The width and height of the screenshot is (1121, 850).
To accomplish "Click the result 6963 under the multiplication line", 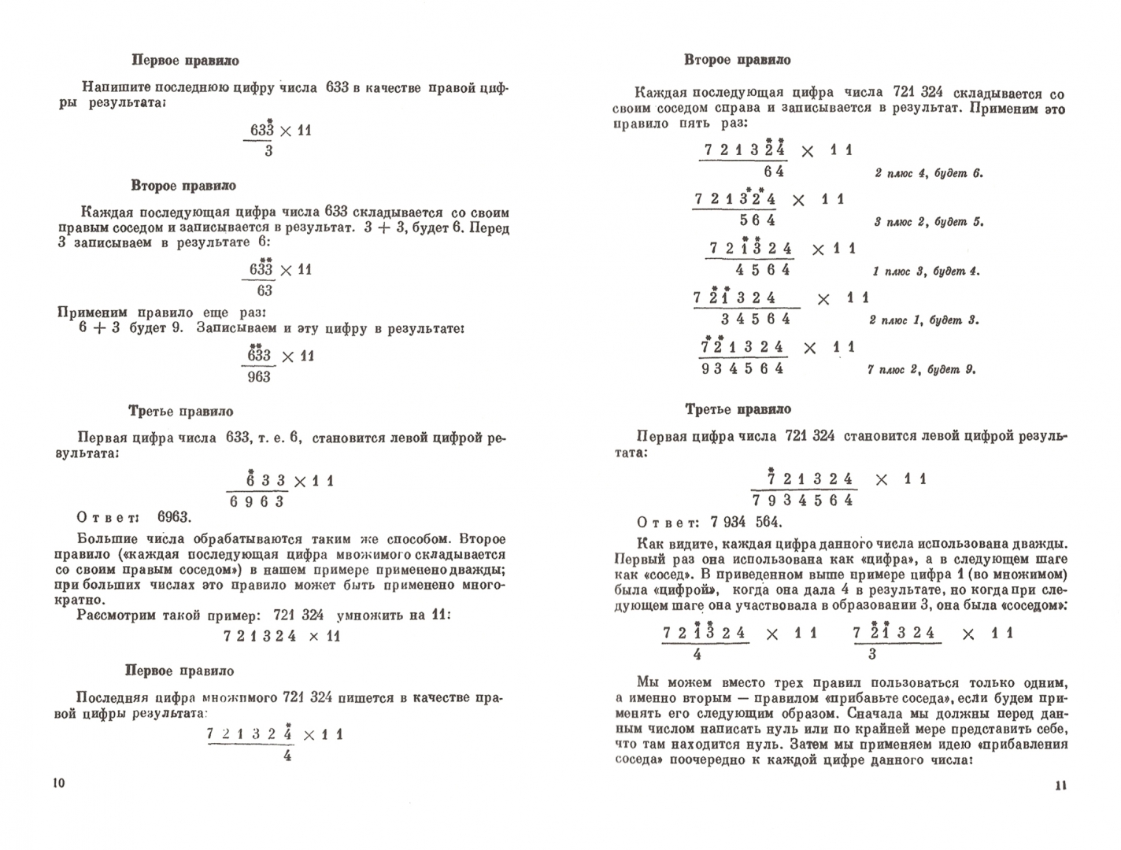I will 257,502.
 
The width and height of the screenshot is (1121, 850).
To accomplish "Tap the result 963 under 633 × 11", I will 258,377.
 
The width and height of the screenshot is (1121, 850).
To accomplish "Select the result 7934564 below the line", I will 803,501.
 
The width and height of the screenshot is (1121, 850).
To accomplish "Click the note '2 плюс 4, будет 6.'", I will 929,173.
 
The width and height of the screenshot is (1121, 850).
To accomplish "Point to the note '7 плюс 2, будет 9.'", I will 921,369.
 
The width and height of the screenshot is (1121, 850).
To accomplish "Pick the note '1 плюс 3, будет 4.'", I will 926,272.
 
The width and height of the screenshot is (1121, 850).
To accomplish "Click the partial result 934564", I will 743,368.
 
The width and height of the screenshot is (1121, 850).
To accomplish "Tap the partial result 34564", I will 755,319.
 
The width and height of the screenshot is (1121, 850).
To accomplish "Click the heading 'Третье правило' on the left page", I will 180,411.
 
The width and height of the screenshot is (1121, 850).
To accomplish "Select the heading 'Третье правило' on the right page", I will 738,409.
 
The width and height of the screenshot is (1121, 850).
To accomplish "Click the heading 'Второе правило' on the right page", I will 738,60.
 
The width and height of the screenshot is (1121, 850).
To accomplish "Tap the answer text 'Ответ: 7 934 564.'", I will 709,523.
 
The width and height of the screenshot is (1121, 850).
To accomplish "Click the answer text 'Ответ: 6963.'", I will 133,517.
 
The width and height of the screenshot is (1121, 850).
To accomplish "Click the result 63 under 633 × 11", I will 265,290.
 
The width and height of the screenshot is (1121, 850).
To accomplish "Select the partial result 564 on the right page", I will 757,220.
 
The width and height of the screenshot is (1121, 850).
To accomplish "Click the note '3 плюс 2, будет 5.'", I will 929,222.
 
